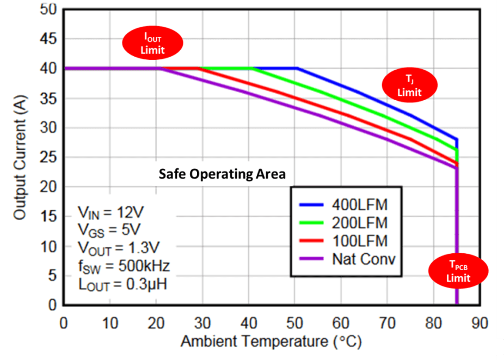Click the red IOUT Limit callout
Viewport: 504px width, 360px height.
click(x=152, y=44)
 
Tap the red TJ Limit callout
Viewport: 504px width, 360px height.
click(x=409, y=86)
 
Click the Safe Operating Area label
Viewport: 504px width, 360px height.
click(x=222, y=174)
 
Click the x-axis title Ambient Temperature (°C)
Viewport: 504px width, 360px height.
click(x=271, y=342)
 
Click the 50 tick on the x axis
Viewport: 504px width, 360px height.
click(x=295, y=323)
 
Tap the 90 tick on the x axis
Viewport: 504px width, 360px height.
click(x=480, y=323)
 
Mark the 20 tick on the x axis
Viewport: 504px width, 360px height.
click(x=157, y=323)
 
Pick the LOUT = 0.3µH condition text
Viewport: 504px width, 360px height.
click(x=123, y=284)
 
